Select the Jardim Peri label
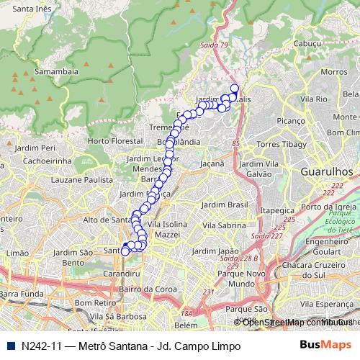click(39, 148)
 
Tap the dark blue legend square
click(9, 346)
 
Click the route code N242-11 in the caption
click(42, 346)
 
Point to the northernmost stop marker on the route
click(234, 89)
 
